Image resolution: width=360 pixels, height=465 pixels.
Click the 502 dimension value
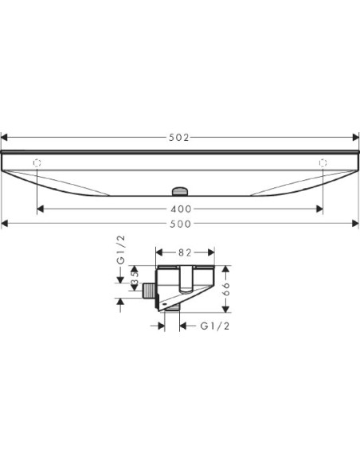click(179, 138)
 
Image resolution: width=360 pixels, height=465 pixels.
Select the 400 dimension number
click(179, 209)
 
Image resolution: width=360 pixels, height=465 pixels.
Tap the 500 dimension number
click(179, 224)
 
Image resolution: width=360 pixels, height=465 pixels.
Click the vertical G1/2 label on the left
click(121, 250)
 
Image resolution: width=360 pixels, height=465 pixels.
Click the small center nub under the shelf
click(179, 191)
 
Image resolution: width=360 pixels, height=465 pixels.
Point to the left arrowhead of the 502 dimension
click(4, 138)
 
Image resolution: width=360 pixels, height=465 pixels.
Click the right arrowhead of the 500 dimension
click(355, 224)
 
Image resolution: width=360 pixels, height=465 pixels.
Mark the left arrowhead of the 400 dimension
click(40, 209)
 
